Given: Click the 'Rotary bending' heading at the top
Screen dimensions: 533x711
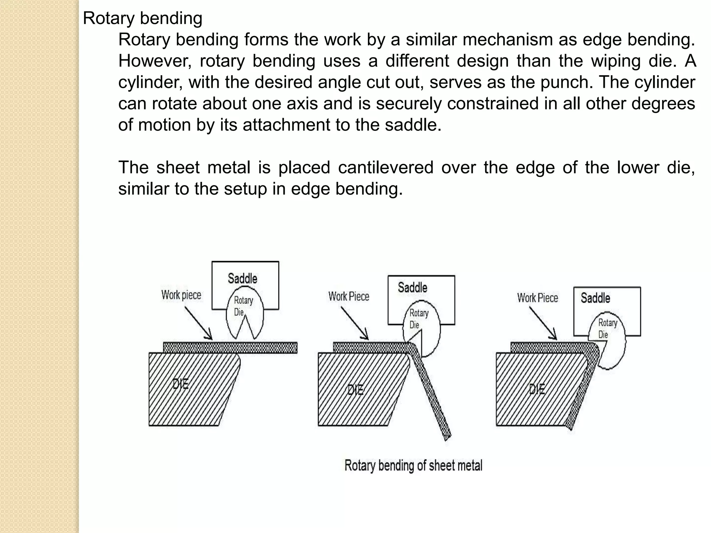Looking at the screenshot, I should point(142,18).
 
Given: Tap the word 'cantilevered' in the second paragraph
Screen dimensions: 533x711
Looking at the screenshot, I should point(385,168).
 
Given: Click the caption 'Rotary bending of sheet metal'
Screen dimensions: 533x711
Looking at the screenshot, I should point(413,465).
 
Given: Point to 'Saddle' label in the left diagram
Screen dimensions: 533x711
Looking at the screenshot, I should point(242,278).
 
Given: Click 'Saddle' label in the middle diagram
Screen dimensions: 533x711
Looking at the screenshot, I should point(412,287).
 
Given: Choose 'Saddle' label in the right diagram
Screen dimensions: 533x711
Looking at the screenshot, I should point(595,298).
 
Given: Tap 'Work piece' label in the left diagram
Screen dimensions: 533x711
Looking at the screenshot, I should point(181,295).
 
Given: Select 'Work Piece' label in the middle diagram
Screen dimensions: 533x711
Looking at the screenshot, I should point(349,296).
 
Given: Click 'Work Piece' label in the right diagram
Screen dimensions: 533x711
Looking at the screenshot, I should point(537,298).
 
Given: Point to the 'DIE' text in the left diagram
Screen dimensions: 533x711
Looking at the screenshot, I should point(181,384).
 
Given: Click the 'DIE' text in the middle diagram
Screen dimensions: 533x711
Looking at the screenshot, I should point(355,390).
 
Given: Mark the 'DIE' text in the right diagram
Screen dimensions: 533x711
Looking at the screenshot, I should point(537,389).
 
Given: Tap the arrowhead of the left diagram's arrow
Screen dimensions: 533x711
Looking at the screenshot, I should point(209,337).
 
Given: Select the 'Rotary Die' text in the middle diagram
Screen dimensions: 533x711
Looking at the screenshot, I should point(418,319).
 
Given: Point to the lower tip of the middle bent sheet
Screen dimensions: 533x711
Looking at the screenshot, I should point(447,438).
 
